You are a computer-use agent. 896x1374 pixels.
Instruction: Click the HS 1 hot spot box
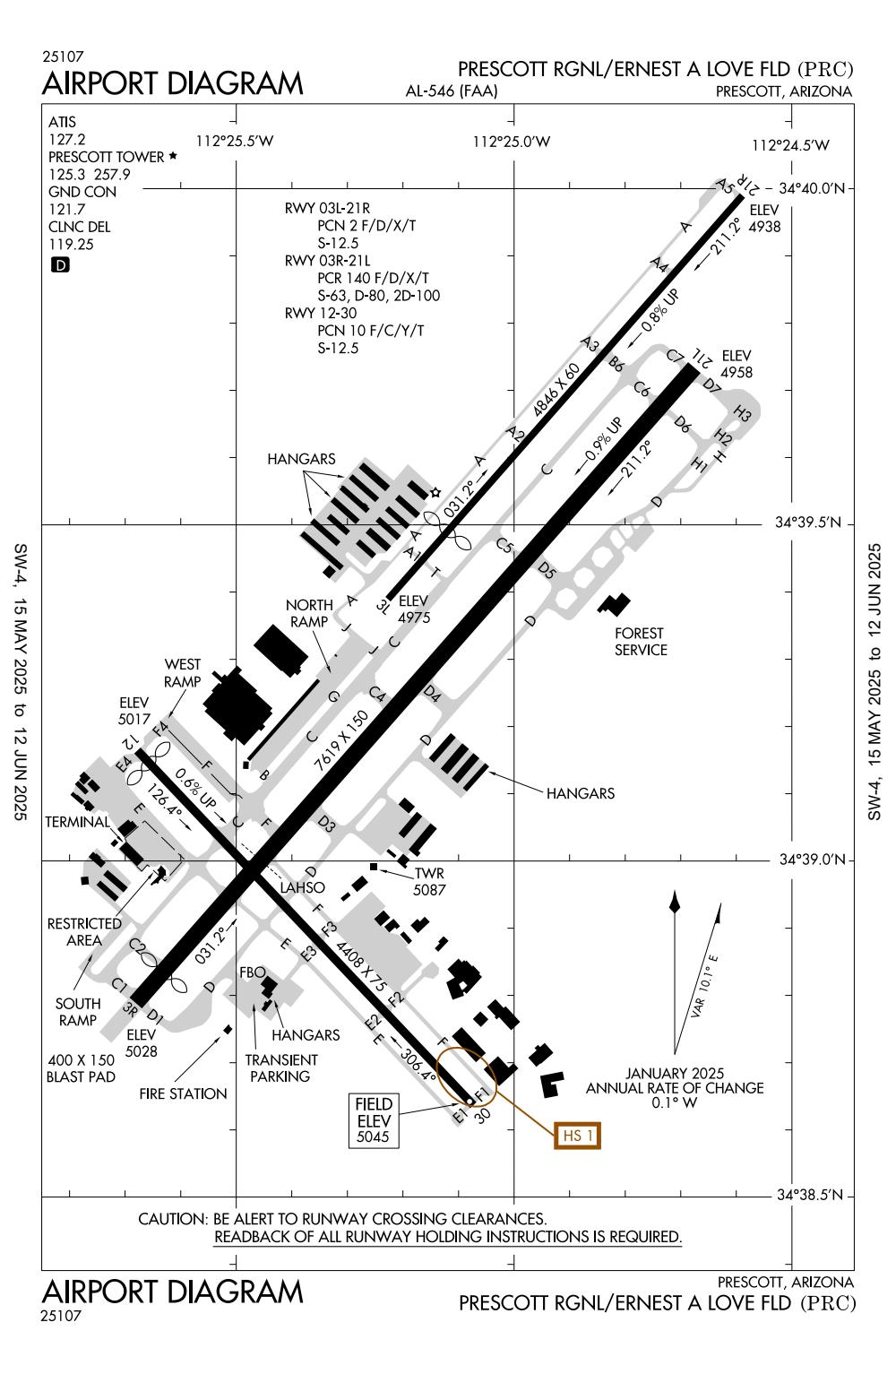click(x=577, y=1136)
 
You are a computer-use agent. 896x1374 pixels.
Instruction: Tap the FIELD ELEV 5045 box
click(x=374, y=1120)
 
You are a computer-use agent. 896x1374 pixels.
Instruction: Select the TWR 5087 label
click(x=428, y=882)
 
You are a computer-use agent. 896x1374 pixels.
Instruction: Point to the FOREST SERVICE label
click(x=641, y=642)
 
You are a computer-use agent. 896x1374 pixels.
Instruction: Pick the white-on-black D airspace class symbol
click(x=60, y=265)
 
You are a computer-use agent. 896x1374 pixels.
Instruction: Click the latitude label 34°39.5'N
click(x=809, y=523)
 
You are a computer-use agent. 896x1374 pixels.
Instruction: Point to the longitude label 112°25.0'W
click(x=512, y=142)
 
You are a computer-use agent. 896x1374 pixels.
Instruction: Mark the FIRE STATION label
click(x=183, y=1093)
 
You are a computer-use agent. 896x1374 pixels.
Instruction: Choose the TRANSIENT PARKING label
click(x=280, y=1067)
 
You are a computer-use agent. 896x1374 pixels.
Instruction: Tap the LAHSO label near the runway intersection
click(x=302, y=888)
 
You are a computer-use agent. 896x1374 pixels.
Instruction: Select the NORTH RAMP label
click(x=309, y=614)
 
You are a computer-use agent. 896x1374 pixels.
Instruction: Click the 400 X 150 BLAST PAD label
click(x=81, y=1068)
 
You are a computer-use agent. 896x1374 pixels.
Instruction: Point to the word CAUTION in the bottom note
click(x=171, y=1219)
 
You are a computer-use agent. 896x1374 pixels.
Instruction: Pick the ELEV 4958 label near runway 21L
click(x=737, y=363)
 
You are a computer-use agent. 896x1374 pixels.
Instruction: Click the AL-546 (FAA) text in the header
click(x=451, y=91)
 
